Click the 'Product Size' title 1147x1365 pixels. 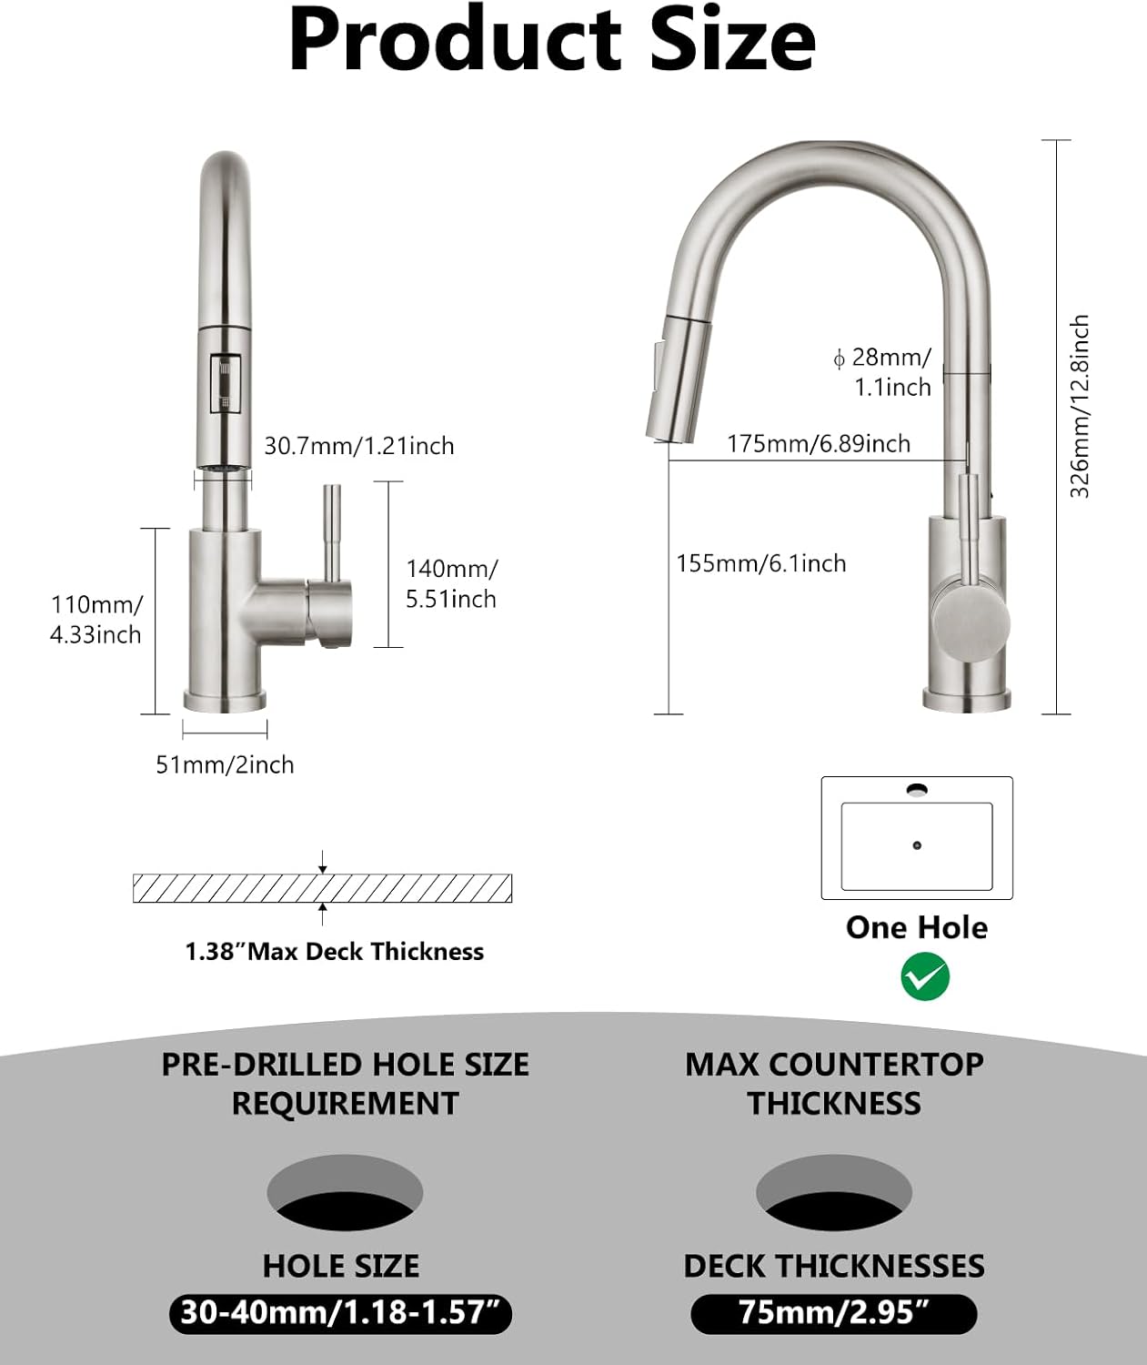pyautogui.click(x=551, y=41)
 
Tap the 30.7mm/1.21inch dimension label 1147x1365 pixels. pyautogui.click(x=358, y=446)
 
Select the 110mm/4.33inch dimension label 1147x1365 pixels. pyautogui.click(x=96, y=620)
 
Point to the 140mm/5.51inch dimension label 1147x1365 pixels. pyautogui.click(x=451, y=583)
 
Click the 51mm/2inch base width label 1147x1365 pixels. pyautogui.click(x=225, y=764)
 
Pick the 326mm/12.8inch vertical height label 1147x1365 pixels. pyautogui.click(x=1079, y=407)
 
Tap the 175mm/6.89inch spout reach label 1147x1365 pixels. pyautogui.click(x=818, y=443)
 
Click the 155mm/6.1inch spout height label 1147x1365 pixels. pyautogui.click(x=760, y=563)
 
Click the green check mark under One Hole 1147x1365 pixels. pyautogui.click(x=924, y=977)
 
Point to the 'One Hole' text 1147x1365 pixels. pyautogui.click(x=916, y=927)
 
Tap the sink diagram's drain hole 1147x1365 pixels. pyautogui.click(x=916, y=845)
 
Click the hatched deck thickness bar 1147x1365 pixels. pyautogui.click(x=322, y=888)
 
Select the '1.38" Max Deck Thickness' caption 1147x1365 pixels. pyautogui.click(x=334, y=952)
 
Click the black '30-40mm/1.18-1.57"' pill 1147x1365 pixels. pyautogui.click(x=340, y=1313)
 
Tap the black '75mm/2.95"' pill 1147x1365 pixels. pyautogui.click(x=833, y=1313)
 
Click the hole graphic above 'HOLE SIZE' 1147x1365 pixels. pyautogui.click(x=345, y=1193)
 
